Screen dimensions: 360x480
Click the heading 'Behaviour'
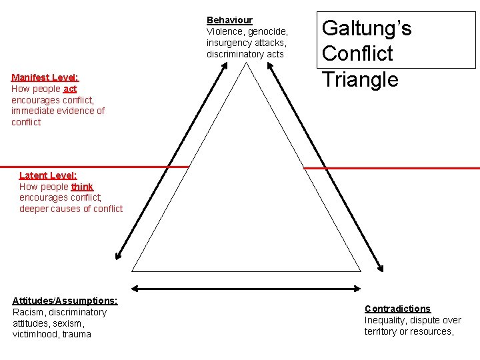[229, 20]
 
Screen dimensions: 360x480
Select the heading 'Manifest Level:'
[45, 77]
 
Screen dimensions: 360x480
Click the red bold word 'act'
[70, 89]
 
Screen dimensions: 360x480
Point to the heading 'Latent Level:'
[48, 175]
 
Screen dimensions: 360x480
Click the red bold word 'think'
[82, 187]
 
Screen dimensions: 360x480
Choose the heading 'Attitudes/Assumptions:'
[65, 301]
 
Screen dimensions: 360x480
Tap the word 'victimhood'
[34, 334]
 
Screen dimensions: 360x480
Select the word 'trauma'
[76, 334]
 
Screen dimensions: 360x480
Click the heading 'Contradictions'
[397, 309]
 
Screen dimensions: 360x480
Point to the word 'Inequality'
[385, 320]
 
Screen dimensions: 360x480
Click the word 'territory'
[381, 331]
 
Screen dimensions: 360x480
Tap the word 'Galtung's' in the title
[367, 28]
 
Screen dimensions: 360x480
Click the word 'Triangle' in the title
[360, 79]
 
